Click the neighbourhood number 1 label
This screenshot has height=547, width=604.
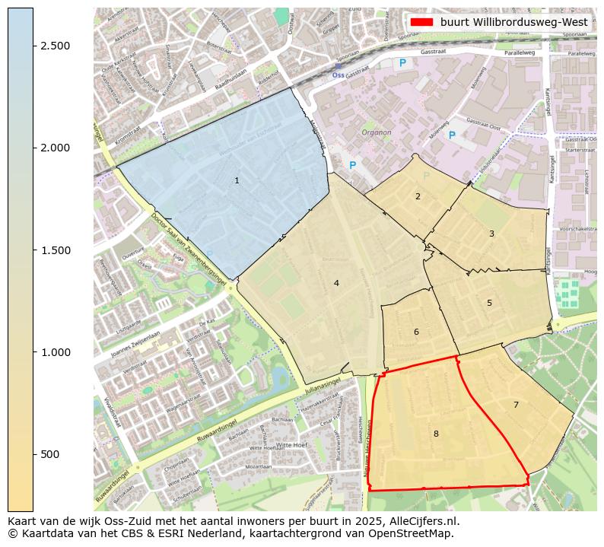coord(237,180)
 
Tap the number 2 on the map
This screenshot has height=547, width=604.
coord(418,196)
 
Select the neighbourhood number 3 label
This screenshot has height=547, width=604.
coord(491,234)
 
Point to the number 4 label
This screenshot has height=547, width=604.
coord(335,283)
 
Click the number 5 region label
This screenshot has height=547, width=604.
coord(489,303)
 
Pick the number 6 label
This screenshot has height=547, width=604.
coord(416,332)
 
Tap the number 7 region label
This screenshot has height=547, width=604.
coord(516,405)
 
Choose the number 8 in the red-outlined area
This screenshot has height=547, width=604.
coord(436,434)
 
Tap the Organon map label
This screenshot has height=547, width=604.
coord(377,132)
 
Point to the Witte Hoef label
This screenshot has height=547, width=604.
coord(291,445)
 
